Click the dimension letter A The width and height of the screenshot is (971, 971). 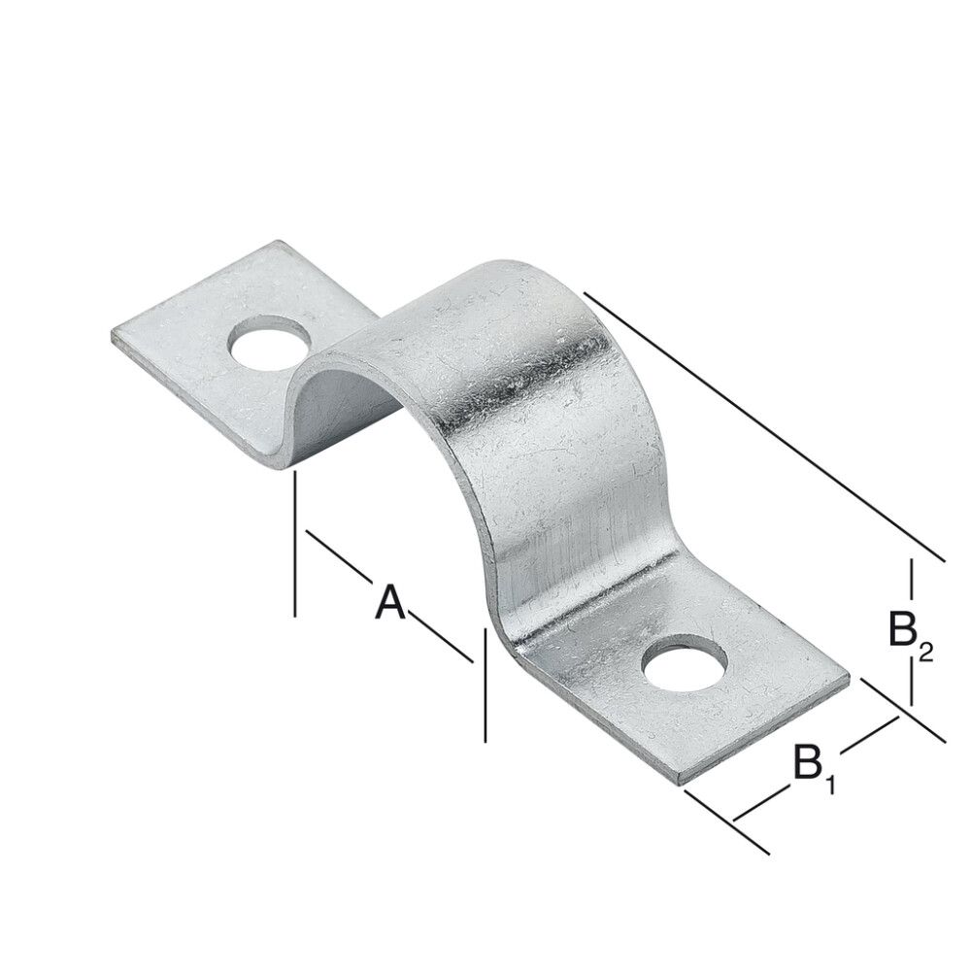click(389, 602)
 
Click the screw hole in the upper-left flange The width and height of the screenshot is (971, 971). click(270, 344)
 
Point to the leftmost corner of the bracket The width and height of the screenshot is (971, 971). click(113, 336)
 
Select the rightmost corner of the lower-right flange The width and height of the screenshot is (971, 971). click(849, 680)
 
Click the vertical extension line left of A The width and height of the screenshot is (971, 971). click(293, 544)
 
